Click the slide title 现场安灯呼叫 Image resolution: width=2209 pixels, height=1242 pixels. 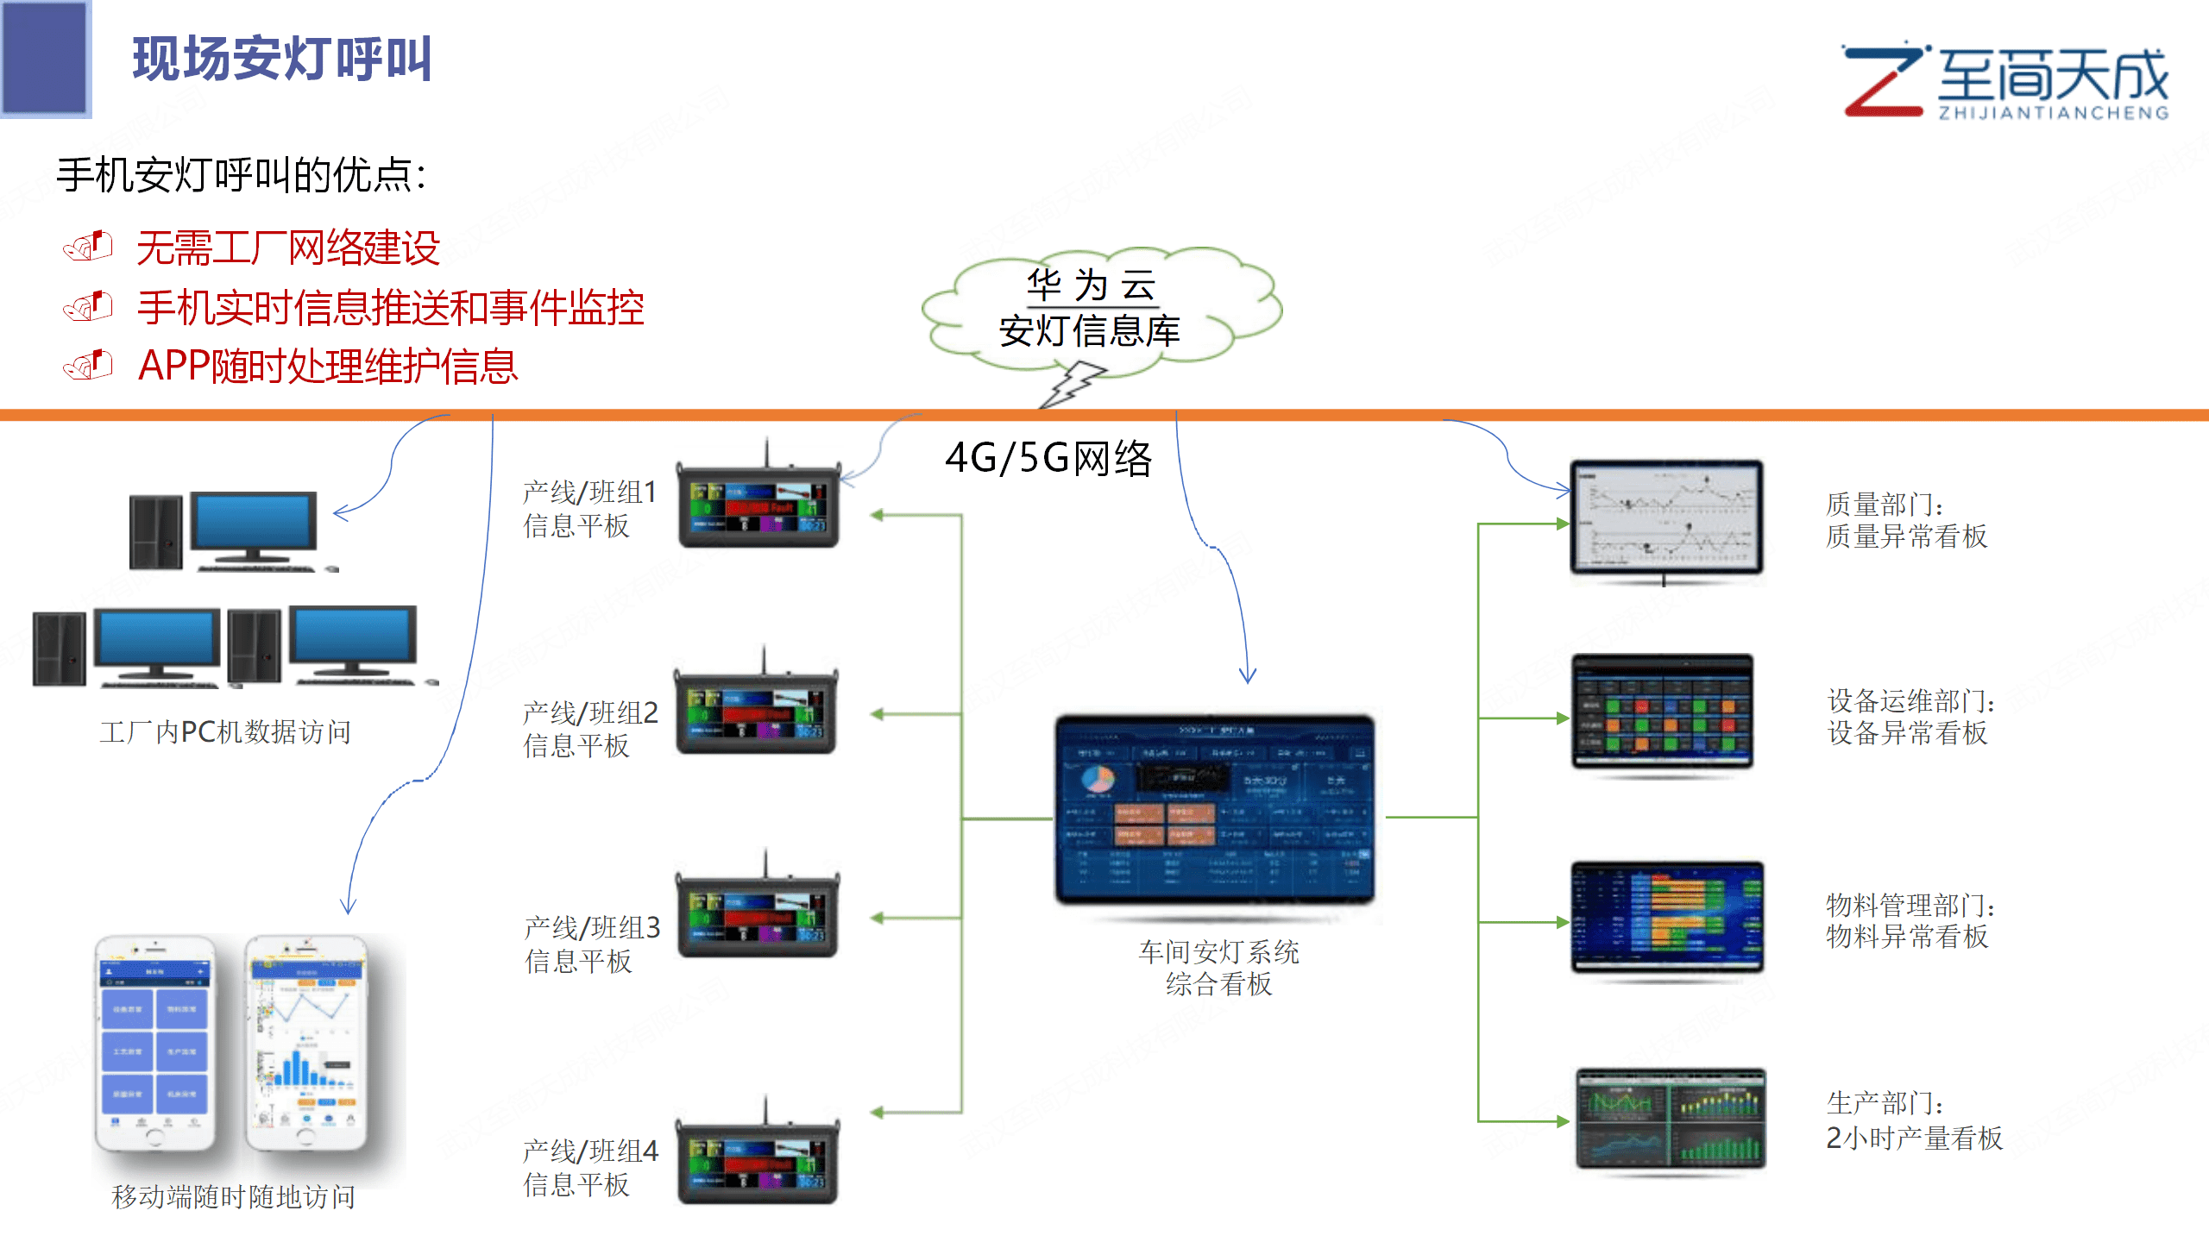pyautogui.click(x=281, y=59)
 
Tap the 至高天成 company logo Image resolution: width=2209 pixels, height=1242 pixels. pyautogui.click(x=2005, y=82)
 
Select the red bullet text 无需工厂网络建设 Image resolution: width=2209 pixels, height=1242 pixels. pyautogui.click(x=288, y=248)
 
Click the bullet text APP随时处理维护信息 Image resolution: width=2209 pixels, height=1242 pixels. pyautogui.click(x=328, y=366)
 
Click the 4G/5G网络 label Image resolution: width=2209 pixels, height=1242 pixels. pyautogui.click(x=1048, y=457)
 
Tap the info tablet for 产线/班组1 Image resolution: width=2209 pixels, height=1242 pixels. pyautogui.click(x=758, y=504)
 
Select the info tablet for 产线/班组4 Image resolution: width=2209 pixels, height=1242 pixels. pyautogui.click(x=757, y=1160)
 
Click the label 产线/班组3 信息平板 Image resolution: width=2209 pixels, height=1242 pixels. pyautogui.click(x=591, y=944)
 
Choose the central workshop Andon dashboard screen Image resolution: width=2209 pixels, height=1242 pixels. pyautogui.click(x=1215, y=809)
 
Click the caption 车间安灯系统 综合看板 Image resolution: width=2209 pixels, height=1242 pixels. pyautogui.click(x=1218, y=968)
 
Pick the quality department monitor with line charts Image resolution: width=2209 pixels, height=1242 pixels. pyautogui.click(x=1666, y=517)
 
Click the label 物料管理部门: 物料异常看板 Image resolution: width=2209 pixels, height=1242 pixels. pyautogui.click(x=1910, y=920)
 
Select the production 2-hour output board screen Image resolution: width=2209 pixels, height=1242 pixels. pyautogui.click(x=1671, y=1119)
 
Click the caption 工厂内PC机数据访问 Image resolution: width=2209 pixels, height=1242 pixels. pyautogui.click(x=225, y=732)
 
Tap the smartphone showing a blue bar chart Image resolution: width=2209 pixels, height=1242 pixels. pyautogui.click(x=307, y=1044)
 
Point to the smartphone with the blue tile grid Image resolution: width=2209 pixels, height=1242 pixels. pyautogui.click(x=155, y=1044)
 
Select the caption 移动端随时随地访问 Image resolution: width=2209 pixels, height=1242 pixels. pyautogui.click(x=233, y=1197)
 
